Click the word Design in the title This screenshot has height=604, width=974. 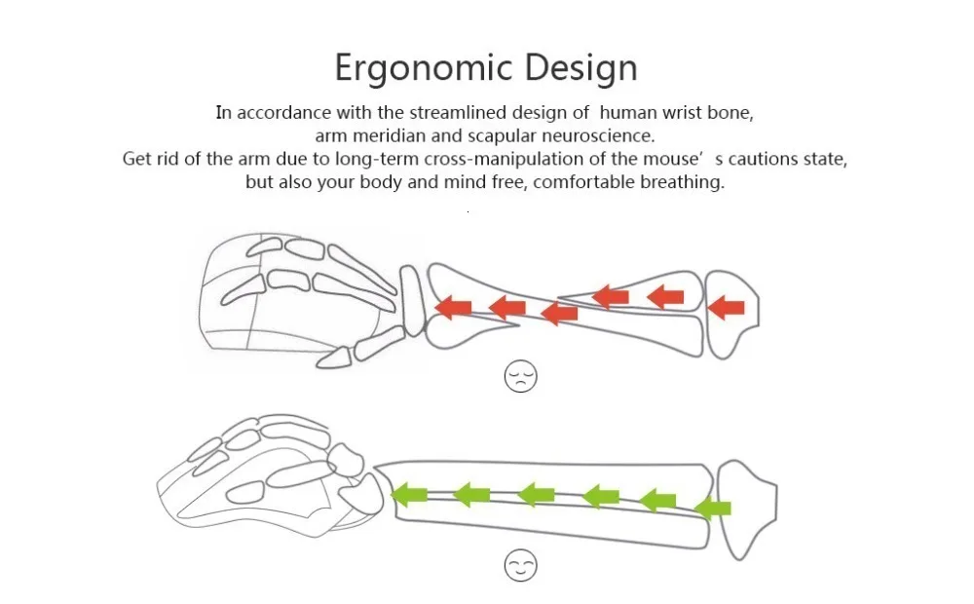pyautogui.click(x=581, y=68)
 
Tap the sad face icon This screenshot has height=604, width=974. pyautogui.click(x=521, y=376)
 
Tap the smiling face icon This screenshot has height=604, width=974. pyautogui.click(x=521, y=566)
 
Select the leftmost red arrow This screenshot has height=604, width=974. pyautogui.click(x=453, y=308)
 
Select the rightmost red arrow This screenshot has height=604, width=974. pyautogui.click(x=727, y=308)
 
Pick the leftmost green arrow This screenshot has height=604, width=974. pyautogui.click(x=410, y=495)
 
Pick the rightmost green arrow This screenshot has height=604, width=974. pyautogui.click(x=714, y=508)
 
